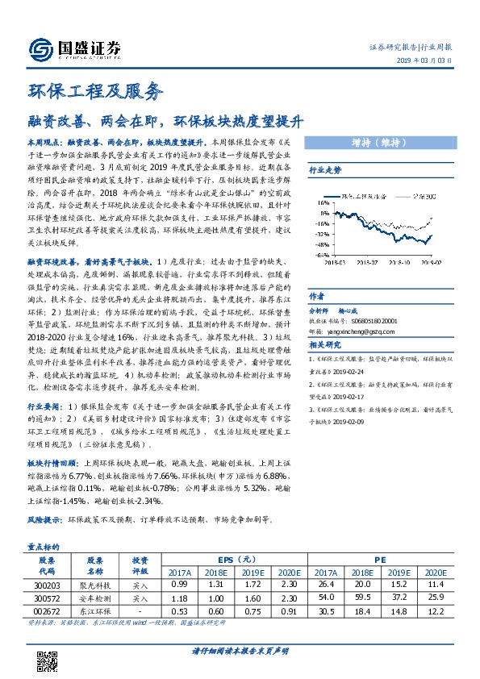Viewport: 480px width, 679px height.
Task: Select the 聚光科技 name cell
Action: point(95,582)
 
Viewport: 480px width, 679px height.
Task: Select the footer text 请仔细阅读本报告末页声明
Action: point(240,651)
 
